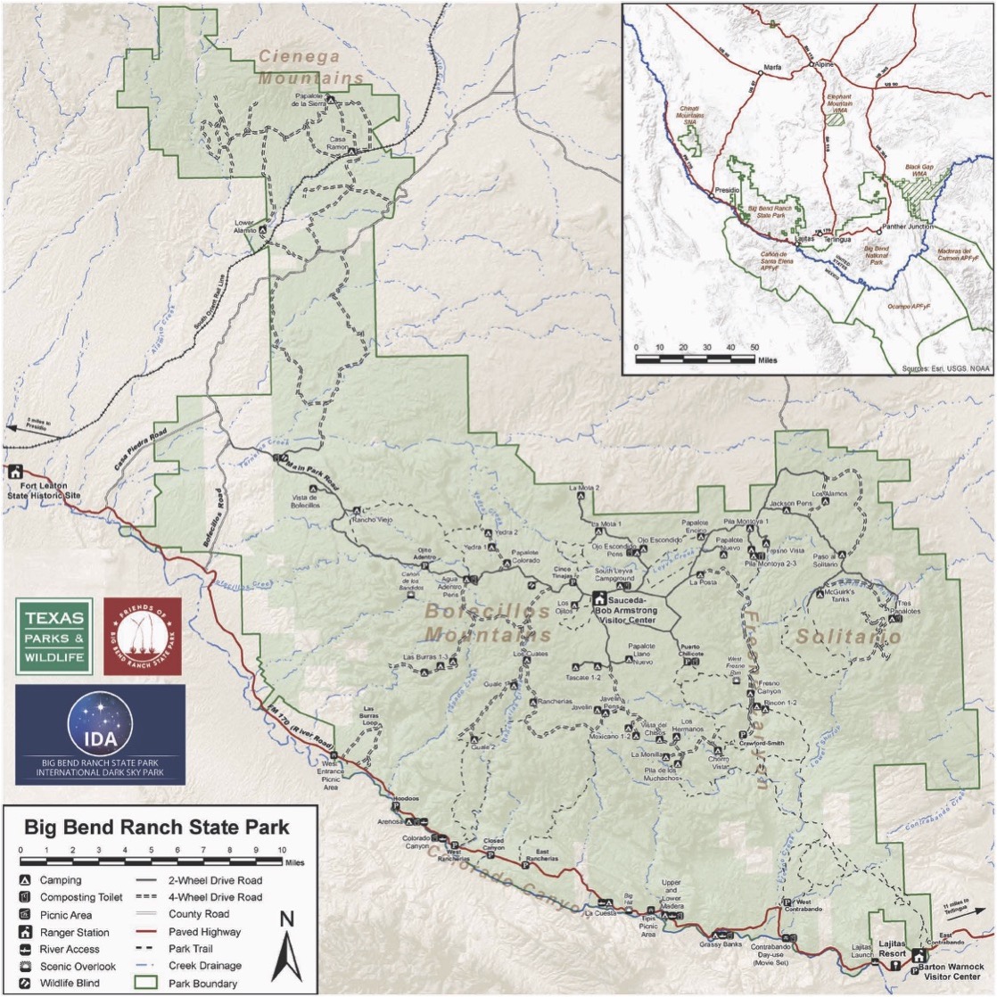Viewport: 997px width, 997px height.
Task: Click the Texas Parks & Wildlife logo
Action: click(x=54, y=636)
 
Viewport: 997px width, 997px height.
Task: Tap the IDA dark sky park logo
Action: click(x=100, y=734)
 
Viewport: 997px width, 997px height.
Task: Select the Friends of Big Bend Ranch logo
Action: click(x=143, y=636)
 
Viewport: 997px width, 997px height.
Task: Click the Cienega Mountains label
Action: click(x=311, y=67)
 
